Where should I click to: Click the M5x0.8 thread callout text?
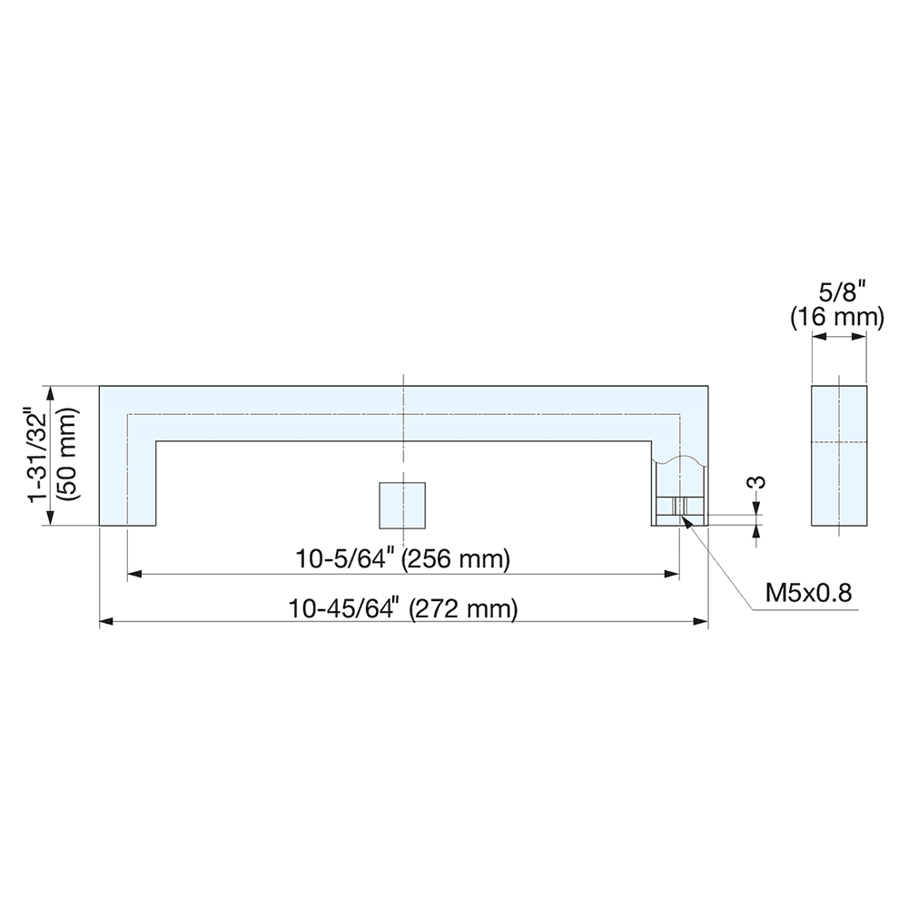pyautogui.click(x=808, y=593)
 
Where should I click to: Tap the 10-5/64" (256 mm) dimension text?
pyautogui.click(x=403, y=559)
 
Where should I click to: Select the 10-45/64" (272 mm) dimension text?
pyautogui.click(x=403, y=608)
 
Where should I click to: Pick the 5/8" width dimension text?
pyautogui.click(x=839, y=292)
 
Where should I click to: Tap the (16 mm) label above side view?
pyautogui.click(x=837, y=317)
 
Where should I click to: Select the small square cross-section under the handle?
pyautogui.click(x=402, y=505)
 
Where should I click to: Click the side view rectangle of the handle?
pyautogui.click(x=839, y=456)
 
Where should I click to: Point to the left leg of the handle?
pyautogui.click(x=127, y=481)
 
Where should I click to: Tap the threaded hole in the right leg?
pyautogui.click(x=679, y=508)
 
